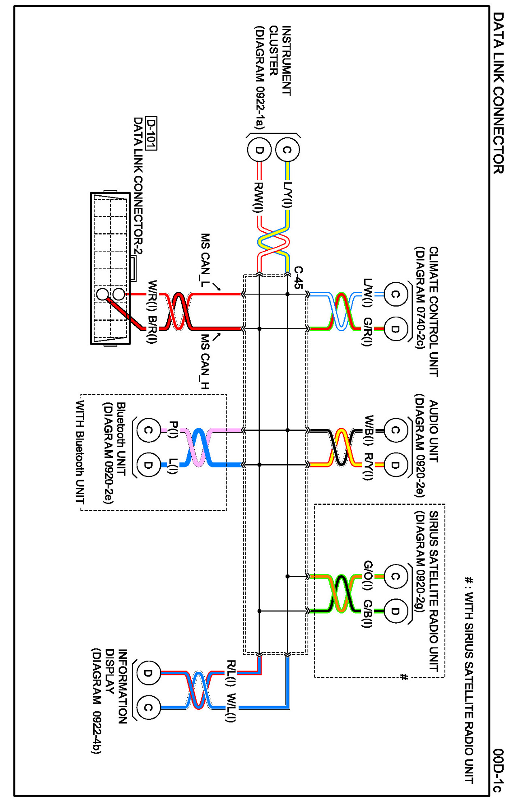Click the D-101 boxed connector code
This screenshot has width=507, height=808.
click(x=151, y=133)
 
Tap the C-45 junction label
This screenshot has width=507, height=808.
click(x=298, y=277)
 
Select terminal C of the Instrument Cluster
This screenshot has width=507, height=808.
click(x=287, y=150)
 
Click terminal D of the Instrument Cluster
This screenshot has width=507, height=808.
click(x=259, y=150)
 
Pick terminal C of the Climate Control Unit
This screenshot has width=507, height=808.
click(x=395, y=294)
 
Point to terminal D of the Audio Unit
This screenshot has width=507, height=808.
click(x=395, y=465)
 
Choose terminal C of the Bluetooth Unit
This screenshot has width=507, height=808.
click(x=148, y=430)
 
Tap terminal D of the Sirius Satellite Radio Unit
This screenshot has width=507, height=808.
click(x=395, y=611)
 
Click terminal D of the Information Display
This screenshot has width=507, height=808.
click(x=148, y=673)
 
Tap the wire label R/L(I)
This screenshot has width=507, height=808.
click(x=231, y=673)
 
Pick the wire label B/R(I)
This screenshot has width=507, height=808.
click(x=151, y=329)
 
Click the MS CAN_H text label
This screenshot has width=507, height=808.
click(x=205, y=362)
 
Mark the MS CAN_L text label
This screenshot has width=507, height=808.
click(x=205, y=260)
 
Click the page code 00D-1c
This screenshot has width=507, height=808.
click(x=499, y=770)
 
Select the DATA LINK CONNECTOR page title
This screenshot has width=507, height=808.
click(x=499, y=93)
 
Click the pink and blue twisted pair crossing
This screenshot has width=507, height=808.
click(x=198, y=448)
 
